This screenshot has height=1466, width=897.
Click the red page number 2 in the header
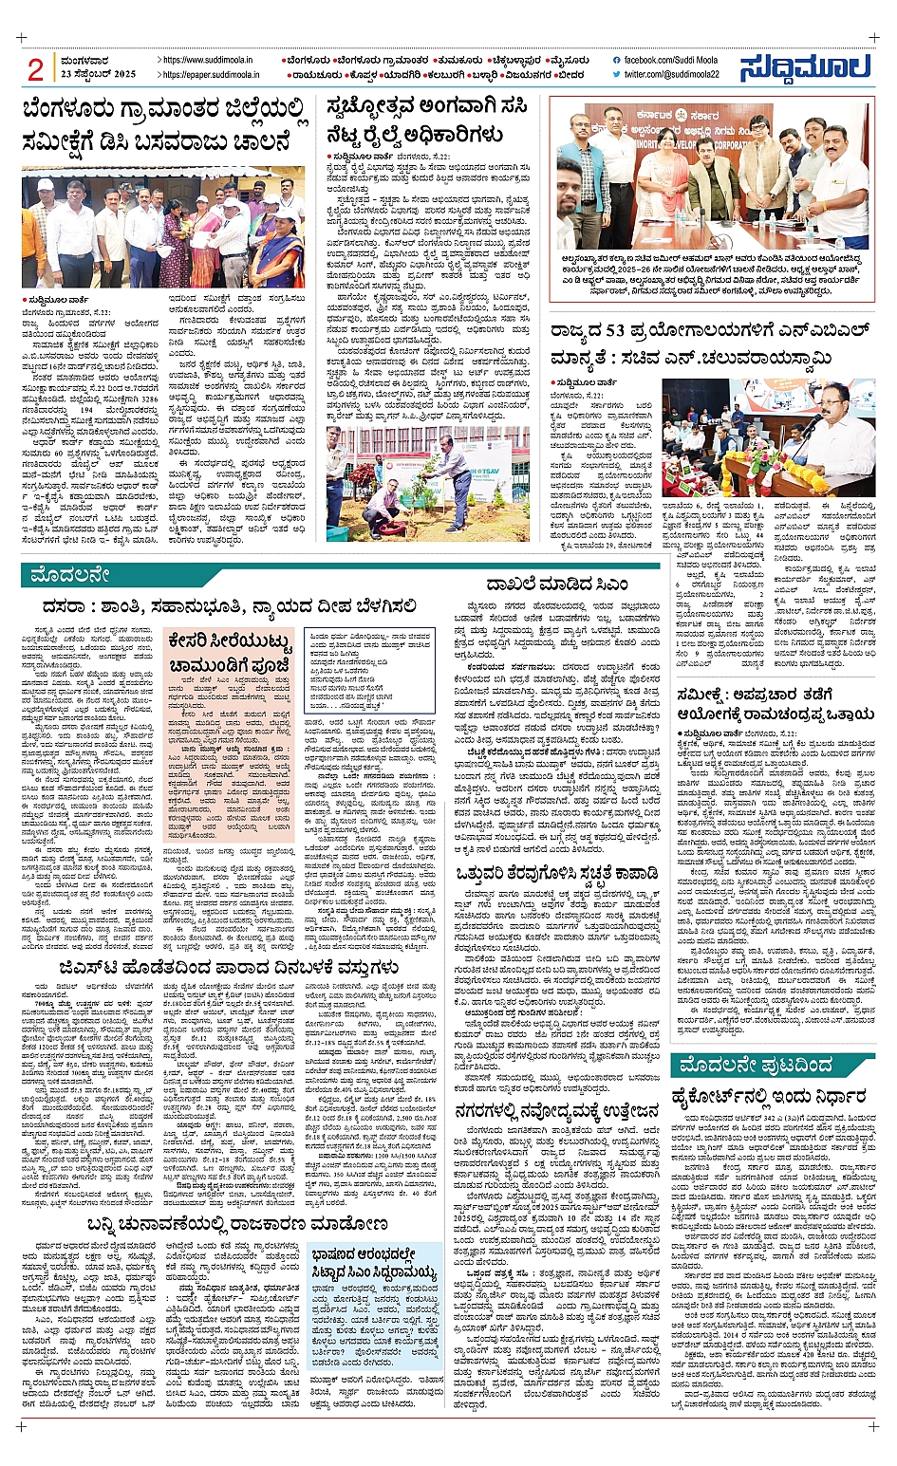pos(36,68)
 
